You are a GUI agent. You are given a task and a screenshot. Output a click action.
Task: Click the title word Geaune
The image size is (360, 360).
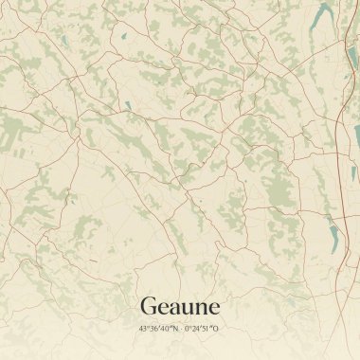click(x=180, y=306)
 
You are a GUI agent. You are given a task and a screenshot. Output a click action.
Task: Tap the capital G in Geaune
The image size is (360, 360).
click(x=148, y=306)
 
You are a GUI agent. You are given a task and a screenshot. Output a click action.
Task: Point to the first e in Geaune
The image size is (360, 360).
click(x=161, y=308)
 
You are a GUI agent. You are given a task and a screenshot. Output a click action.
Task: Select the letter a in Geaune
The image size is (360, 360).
click(x=172, y=308)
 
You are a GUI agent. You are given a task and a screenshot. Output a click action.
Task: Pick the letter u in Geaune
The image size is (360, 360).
click(x=186, y=308)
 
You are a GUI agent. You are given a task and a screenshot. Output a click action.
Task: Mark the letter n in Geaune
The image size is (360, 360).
click(x=200, y=308)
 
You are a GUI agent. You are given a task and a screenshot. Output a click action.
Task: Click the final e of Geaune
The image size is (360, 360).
click(x=213, y=308)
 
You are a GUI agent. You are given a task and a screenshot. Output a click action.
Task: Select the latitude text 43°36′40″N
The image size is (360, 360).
click(x=157, y=329)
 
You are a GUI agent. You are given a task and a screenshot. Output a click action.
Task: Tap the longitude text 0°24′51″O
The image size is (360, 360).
click(x=203, y=329)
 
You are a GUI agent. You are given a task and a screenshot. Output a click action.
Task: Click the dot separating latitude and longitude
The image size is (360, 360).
click(x=180, y=329)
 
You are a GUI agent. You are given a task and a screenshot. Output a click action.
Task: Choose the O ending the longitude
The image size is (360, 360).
click(x=218, y=329)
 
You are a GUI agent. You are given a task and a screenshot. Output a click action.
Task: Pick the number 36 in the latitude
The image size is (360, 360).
click(x=153, y=329)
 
